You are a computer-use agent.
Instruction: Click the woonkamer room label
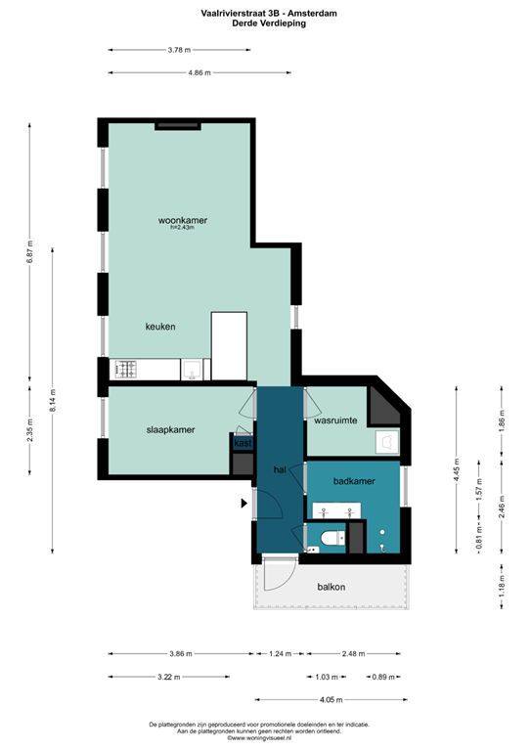point(182,221)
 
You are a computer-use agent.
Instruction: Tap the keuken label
point(160,327)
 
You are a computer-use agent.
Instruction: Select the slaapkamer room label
point(170,429)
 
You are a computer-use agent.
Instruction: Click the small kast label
point(242,443)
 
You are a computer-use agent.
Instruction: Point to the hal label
point(280,469)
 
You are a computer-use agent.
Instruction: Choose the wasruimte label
point(334,420)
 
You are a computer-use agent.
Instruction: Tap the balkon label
point(332,587)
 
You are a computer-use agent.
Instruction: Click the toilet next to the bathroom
point(330,537)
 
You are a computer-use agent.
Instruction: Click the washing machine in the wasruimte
point(386,442)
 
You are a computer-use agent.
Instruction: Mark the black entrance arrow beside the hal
point(243,504)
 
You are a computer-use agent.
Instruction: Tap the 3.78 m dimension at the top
point(179,49)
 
